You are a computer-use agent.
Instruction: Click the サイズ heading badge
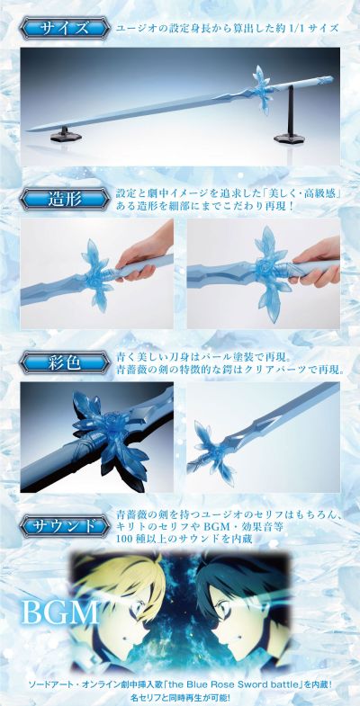pyautogui.click(x=64, y=29)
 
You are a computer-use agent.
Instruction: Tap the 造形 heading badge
pyautogui.click(x=64, y=199)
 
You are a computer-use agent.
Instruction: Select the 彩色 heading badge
pyautogui.click(x=64, y=363)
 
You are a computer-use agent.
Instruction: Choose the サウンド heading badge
pyautogui.click(x=64, y=525)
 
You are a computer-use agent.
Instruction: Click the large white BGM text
pyautogui.click(x=60, y=612)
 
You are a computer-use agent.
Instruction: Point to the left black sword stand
pyautogui.click(x=65, y=135)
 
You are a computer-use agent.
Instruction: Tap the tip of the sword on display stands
pyautogui.click(x=28, y=130)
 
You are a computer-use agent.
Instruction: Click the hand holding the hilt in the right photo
pyautogui.click(x=315, y=261)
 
